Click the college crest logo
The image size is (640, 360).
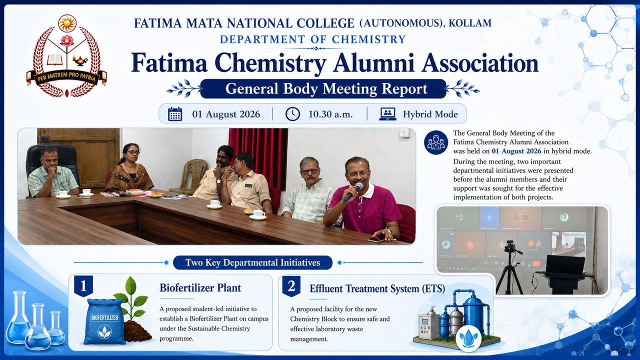[67, 55]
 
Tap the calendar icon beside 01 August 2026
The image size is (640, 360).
[175, 114]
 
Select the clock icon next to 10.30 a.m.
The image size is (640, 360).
[292, 114]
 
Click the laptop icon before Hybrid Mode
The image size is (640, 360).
[387, 114]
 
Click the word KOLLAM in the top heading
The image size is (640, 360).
[470, 23]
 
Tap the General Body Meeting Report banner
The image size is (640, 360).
[323, 89]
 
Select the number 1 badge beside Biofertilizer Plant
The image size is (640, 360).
[83, 285]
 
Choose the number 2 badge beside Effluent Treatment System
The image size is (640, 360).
[291, 286]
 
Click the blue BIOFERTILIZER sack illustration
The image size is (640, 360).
[104, 321]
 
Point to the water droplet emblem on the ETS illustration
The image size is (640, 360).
[468, 339]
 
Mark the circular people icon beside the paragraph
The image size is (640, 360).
[436, 142]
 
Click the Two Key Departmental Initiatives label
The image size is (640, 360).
[252, 262]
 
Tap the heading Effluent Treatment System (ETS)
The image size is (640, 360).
[377, 288]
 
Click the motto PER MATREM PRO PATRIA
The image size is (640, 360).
[66, 77]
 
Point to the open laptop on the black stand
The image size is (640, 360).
[565, 265]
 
